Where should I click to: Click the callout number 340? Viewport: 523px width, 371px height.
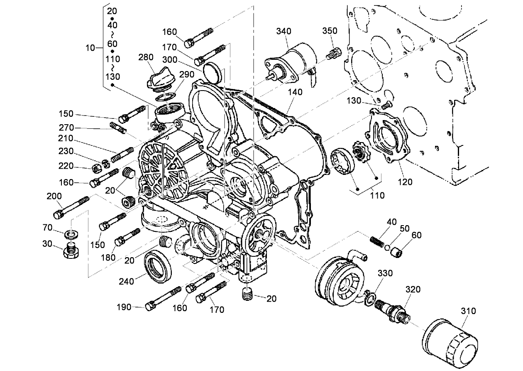click(283, 31)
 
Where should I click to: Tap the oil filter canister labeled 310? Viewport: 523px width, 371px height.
click(450, 342)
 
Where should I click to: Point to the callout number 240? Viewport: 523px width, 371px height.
click(126, 281)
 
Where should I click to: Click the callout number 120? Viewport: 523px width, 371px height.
click(406, 182)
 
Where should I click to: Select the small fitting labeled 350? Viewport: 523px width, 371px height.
click(334, 54)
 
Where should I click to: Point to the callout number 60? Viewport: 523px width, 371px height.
click(416, 235)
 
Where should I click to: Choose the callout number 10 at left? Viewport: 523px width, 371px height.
click(90, 48)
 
